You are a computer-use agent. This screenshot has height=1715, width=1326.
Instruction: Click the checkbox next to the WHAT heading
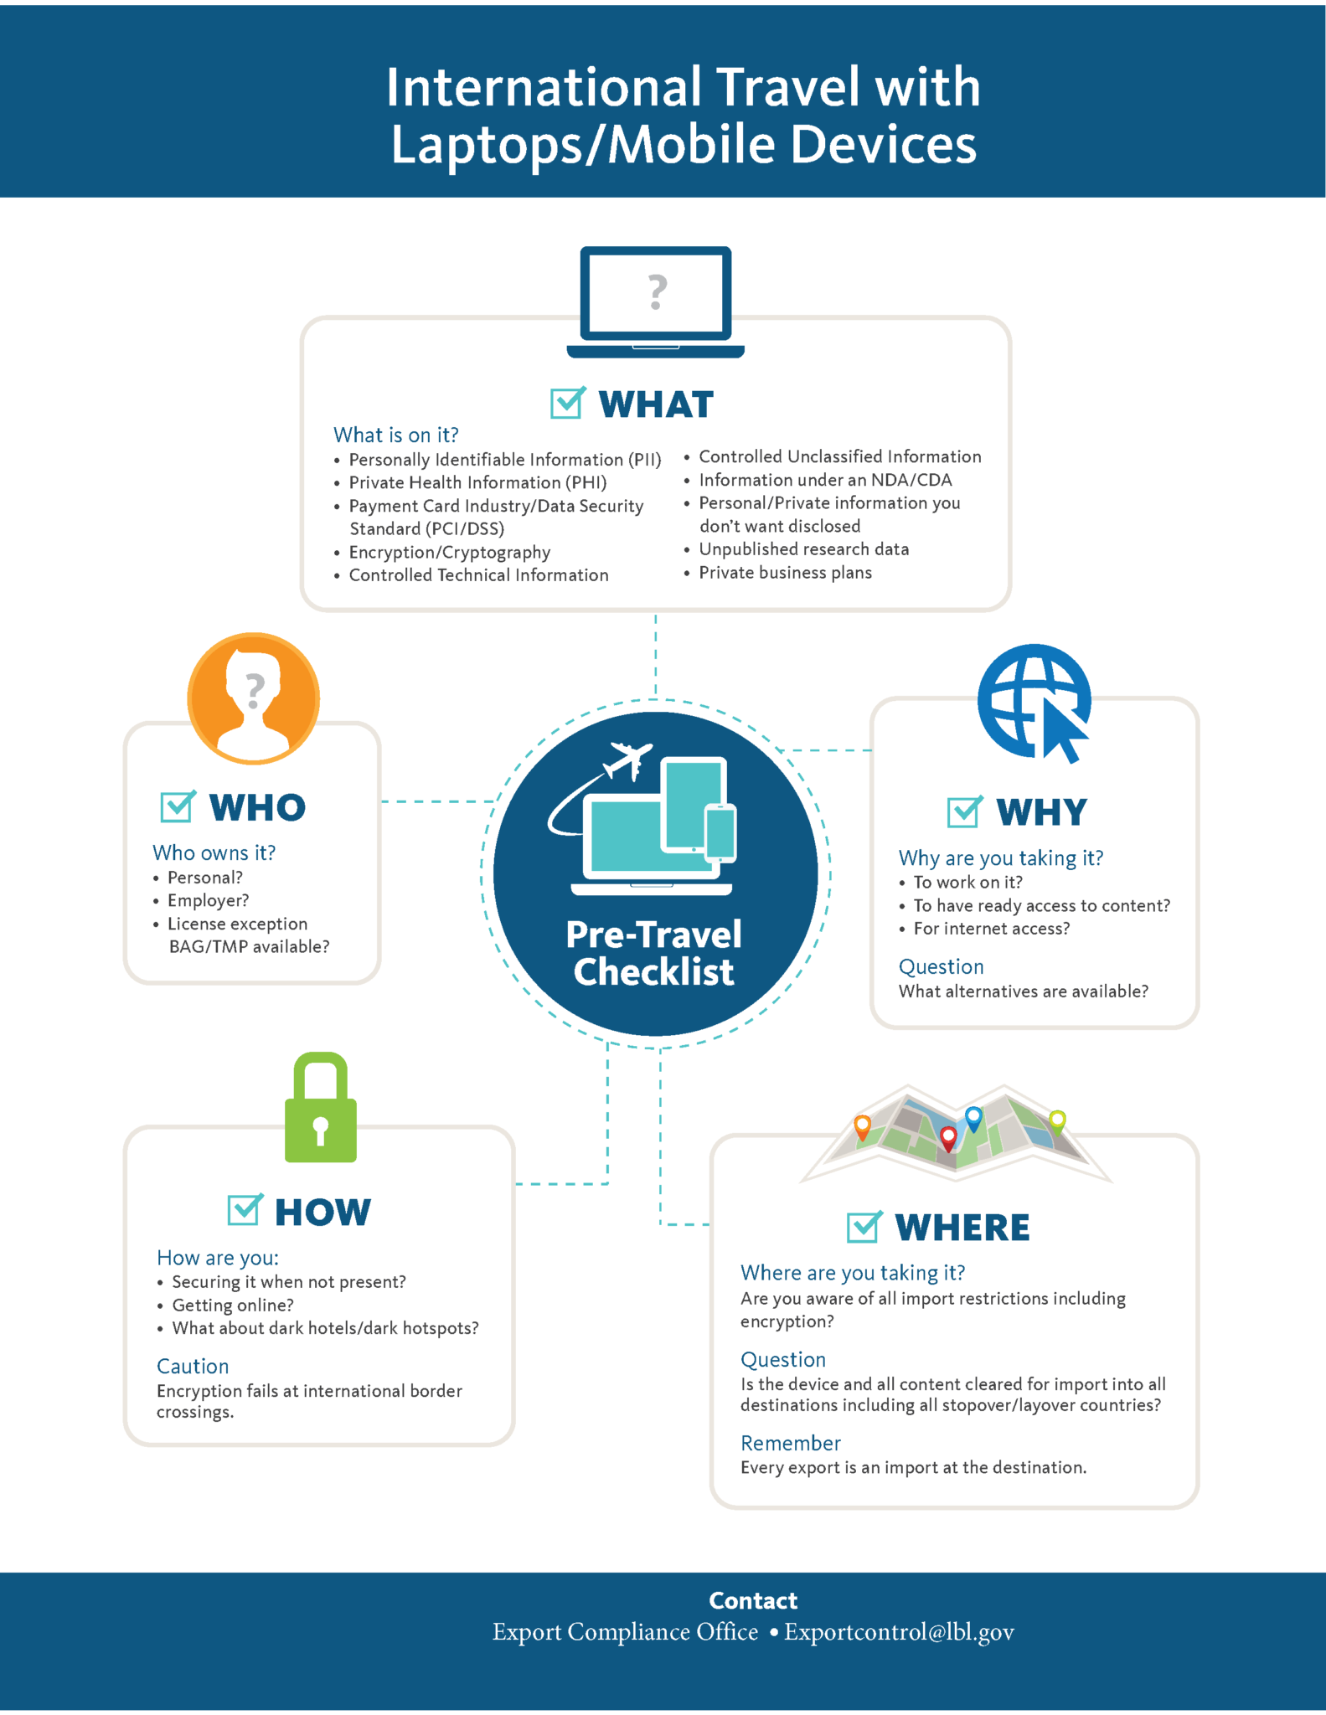(567, 404)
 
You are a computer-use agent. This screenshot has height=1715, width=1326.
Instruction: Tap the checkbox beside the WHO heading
(177, 806)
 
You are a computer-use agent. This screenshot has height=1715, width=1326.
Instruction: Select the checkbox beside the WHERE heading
(863, 1227)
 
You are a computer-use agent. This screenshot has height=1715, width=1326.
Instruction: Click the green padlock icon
(321, 1109)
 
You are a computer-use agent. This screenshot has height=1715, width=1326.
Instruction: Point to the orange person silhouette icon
(254, 698)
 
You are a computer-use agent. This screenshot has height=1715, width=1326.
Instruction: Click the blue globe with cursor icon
(1035, 703)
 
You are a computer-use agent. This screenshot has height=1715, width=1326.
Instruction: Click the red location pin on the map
(948, 1137)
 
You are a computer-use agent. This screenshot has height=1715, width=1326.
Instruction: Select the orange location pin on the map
(862, 1126)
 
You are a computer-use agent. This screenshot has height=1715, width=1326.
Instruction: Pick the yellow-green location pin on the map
(1058, 1120)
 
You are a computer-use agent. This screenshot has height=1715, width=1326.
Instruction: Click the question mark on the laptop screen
(658, 293)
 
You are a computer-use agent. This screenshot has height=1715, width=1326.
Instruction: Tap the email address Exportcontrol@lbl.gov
(899, 1632)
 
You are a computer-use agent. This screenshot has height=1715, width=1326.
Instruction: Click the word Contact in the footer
(753, 1600)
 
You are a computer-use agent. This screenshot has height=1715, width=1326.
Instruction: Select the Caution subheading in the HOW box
(193, 1366)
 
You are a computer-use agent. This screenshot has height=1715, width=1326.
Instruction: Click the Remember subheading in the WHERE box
(790, 1443)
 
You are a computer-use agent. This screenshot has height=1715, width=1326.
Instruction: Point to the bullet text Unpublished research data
(803, 549)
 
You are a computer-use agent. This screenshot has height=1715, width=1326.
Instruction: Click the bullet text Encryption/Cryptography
(449, 553)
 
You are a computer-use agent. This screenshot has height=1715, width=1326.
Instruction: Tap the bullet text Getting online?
(233, 1305)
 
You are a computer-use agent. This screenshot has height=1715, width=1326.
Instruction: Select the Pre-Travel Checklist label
(654, 953)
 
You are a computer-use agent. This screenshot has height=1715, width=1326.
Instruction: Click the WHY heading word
(1041, 812)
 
